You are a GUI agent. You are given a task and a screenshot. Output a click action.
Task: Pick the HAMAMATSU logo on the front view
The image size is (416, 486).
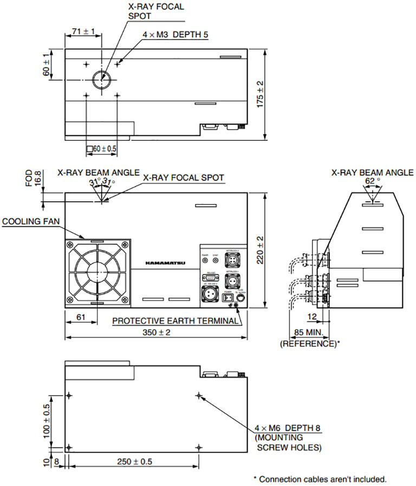pyautogui.click(x=165, y=263)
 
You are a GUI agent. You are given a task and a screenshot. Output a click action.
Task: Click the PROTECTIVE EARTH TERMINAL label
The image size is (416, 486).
pyautogui.click(x=175, y=321)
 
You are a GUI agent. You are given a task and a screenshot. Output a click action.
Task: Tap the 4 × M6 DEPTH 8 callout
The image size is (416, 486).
pyautogui.click(x=288, y=428)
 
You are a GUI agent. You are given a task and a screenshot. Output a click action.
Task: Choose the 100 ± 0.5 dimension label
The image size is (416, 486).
pyautogui.click(x=47, y=421)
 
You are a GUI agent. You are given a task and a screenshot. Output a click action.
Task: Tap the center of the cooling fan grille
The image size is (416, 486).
pyautogui.click(x=97, y=272)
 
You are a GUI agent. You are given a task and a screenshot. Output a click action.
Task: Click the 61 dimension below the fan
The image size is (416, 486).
pyautogui.click(x=81, y=318)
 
